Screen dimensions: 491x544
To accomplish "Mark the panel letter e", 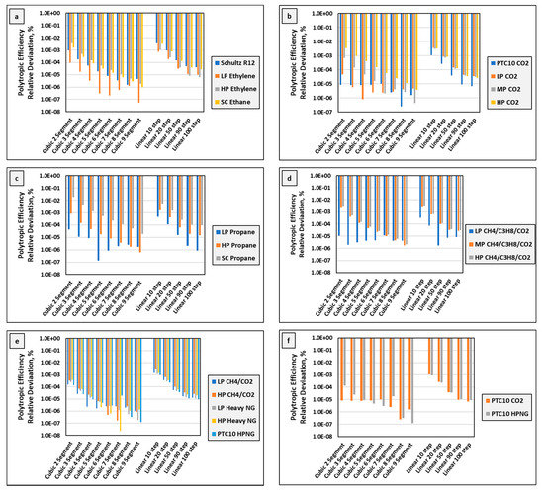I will (14, 338).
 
